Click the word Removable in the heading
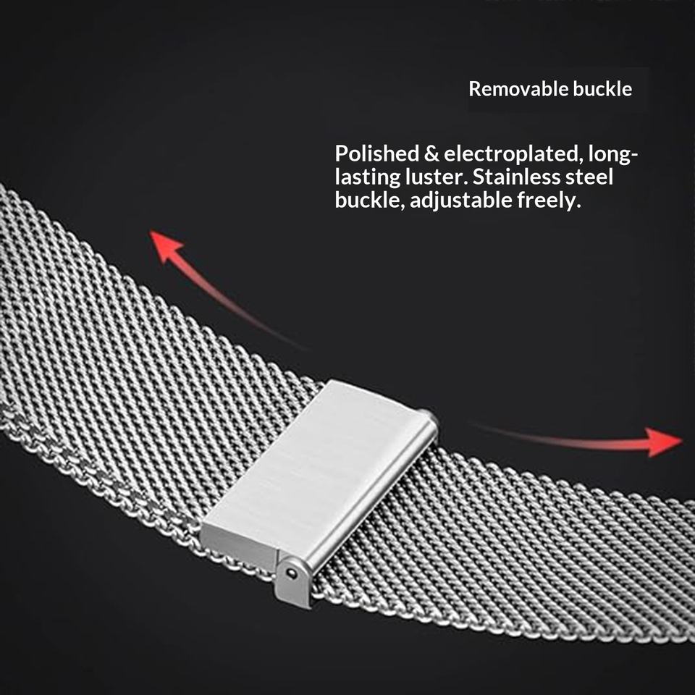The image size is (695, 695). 518,89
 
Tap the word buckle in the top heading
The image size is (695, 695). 603,89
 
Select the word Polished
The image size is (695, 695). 377,153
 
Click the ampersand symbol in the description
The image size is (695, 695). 431,153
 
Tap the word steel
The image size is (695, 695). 589,177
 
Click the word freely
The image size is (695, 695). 549,201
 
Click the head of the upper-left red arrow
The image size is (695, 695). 165,246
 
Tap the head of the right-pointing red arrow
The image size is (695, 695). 664,442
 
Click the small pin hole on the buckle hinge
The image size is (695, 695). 291,573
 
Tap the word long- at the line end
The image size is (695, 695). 613,154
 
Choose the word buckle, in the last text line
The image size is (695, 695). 370,201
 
